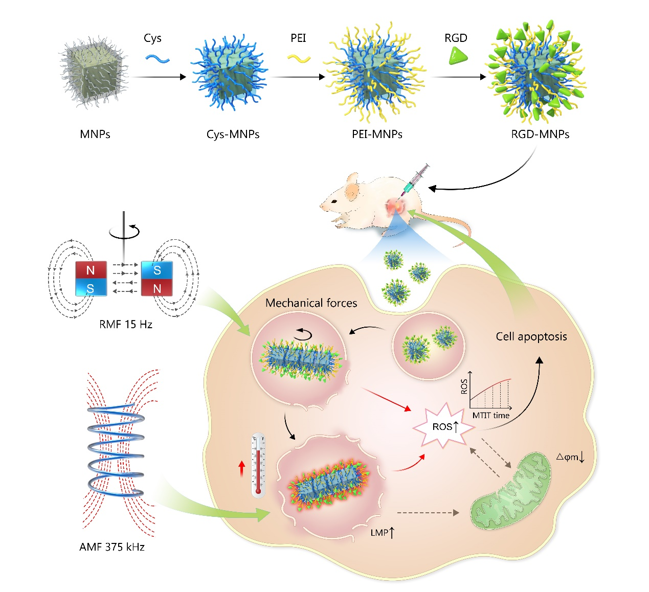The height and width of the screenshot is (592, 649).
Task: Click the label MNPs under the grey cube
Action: click(95, 134)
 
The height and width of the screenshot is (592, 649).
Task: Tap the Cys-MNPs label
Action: click(233, 134)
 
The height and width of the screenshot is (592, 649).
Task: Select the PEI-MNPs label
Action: click(377, 134)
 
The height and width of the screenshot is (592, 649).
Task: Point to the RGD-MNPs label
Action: click(540, 134)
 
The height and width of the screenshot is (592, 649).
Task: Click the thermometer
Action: click(258, 465)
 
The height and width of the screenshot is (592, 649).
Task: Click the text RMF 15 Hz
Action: click(126, 324)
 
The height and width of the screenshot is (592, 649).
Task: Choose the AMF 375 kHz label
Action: click(112, 547)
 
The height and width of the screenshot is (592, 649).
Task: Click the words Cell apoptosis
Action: click(531, 336)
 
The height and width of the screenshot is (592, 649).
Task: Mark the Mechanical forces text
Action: click(311, 303)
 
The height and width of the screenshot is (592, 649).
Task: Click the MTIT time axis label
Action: click(491, 415)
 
